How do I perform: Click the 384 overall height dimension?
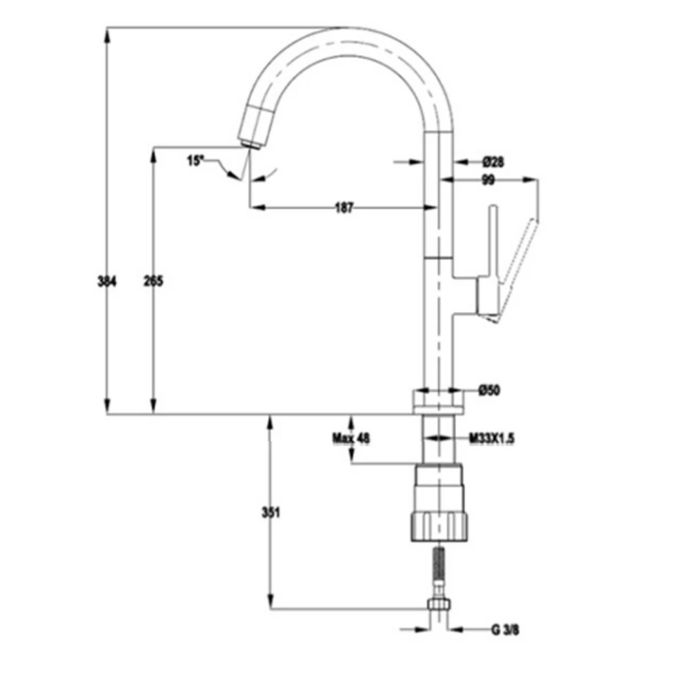107,281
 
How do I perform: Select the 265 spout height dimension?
153,281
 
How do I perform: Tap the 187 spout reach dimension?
344,208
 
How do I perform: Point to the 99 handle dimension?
488,180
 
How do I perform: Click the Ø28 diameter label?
493,162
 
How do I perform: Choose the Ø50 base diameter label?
489,390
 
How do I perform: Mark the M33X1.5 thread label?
491,438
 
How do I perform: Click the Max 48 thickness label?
351,438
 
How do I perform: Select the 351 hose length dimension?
270,513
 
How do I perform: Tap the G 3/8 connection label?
505,630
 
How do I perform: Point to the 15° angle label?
195,161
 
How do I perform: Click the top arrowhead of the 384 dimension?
107,34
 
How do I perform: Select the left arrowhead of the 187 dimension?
257,207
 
